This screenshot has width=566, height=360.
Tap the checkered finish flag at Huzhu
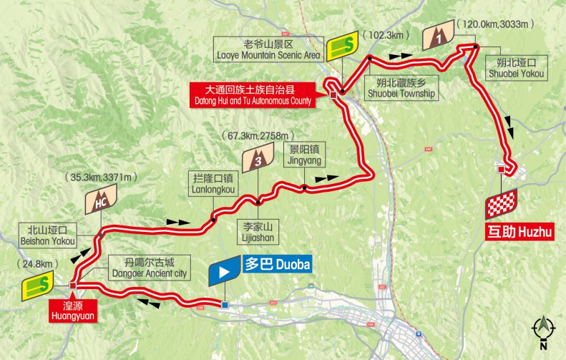(x=501, y=205)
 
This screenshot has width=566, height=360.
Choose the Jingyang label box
(x=303, y=155)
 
